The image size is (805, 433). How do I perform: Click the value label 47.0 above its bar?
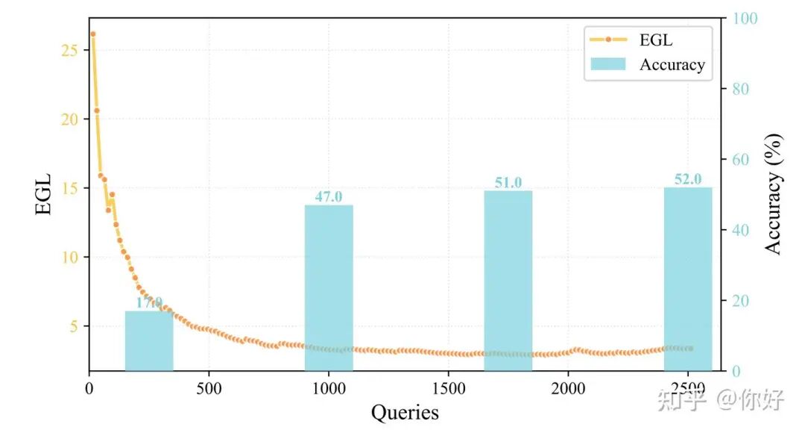point(329,197)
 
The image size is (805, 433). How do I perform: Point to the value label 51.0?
point(508,183)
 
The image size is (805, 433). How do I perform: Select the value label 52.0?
point(688,179)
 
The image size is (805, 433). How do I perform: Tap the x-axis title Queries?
point(405,412)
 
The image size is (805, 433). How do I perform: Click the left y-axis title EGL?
point(45,196)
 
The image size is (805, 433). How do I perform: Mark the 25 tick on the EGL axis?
point(69,50)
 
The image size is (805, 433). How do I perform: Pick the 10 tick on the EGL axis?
point(69,257)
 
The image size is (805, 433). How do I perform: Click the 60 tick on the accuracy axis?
point(741,160)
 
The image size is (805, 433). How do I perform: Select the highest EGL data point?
point(92,34)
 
